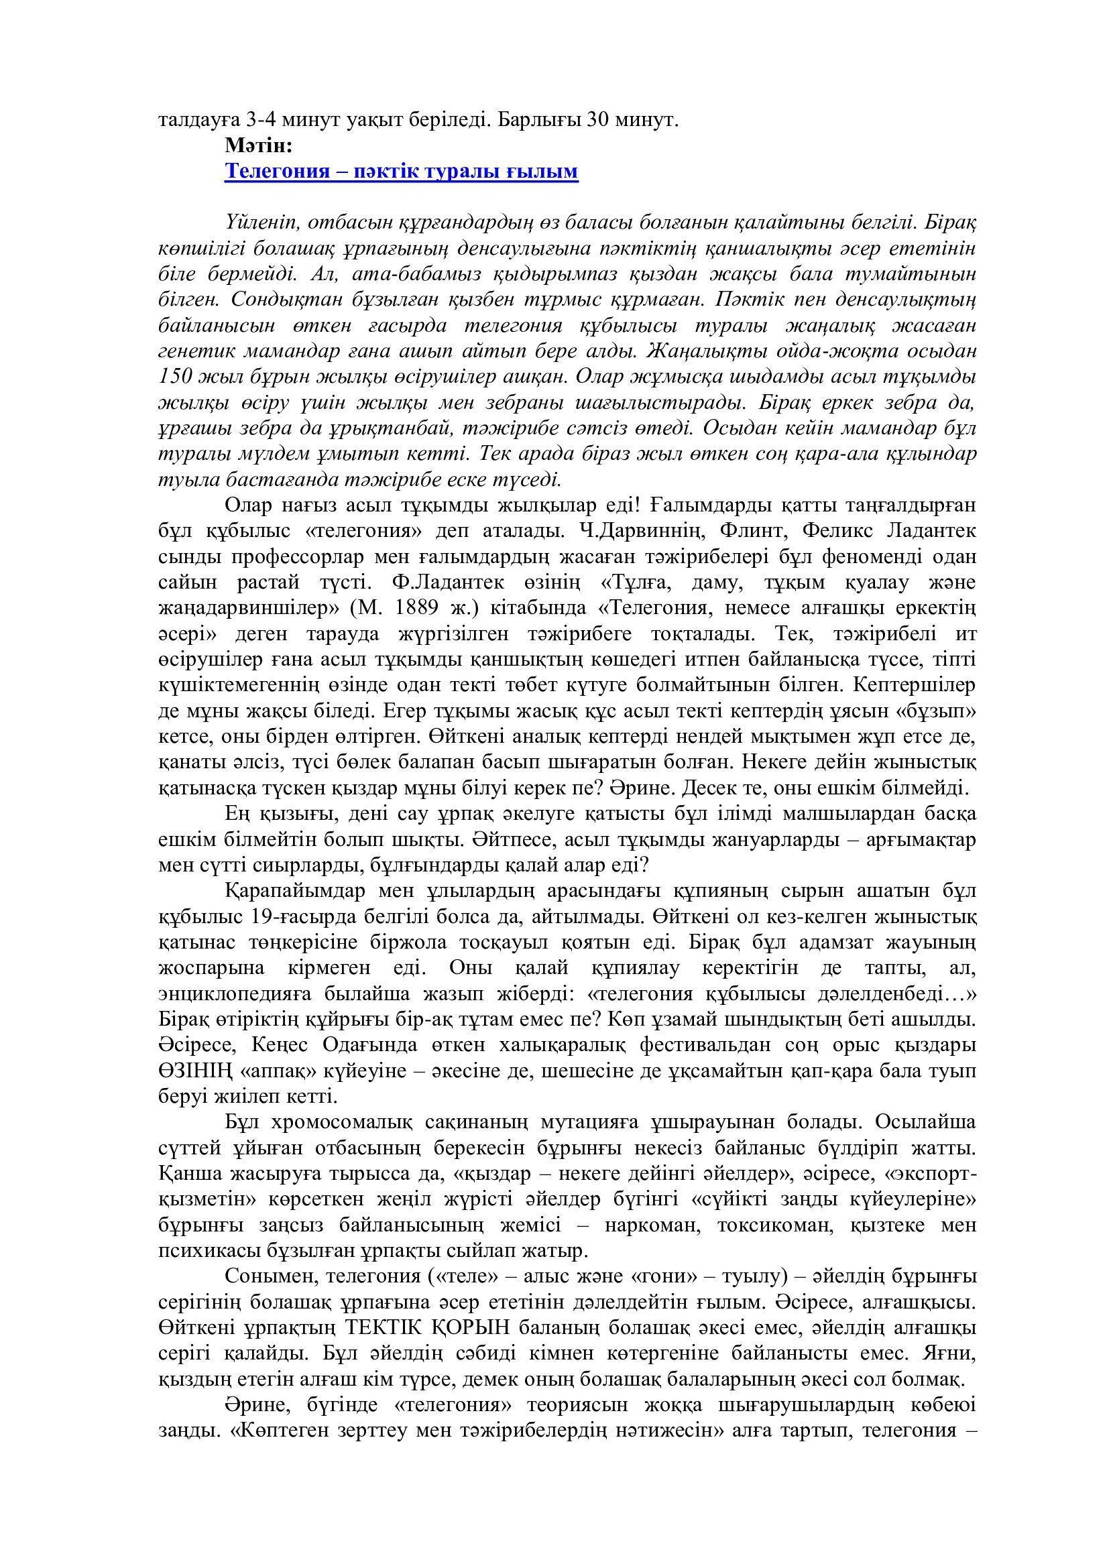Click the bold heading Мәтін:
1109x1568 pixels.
258,145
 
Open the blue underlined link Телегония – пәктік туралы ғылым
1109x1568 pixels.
402,171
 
